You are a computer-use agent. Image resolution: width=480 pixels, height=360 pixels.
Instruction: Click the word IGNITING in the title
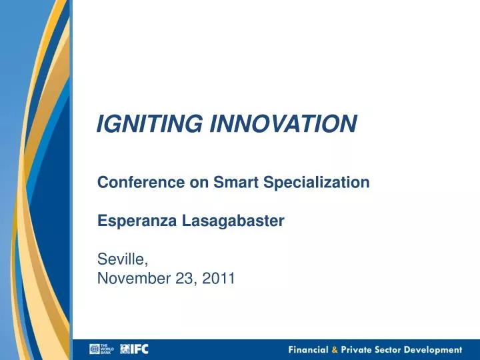pyautogui.click(x=151, y=123)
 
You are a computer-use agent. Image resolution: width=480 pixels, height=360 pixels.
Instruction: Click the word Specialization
pyautogui.click(x=315, y=182)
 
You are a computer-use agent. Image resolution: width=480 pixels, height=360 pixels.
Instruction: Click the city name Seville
pyautogui.click(x=120, y=260)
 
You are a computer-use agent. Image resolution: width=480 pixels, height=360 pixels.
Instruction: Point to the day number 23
pyautogui.click(x=181, y=279)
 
